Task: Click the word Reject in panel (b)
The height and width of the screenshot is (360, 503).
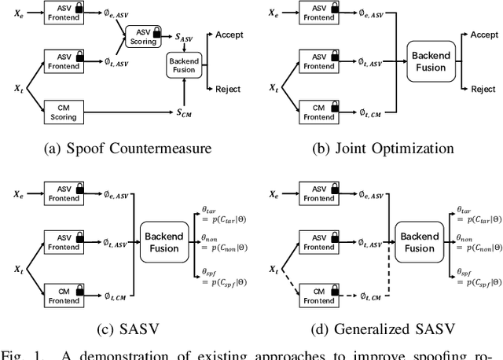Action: [483, 89]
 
